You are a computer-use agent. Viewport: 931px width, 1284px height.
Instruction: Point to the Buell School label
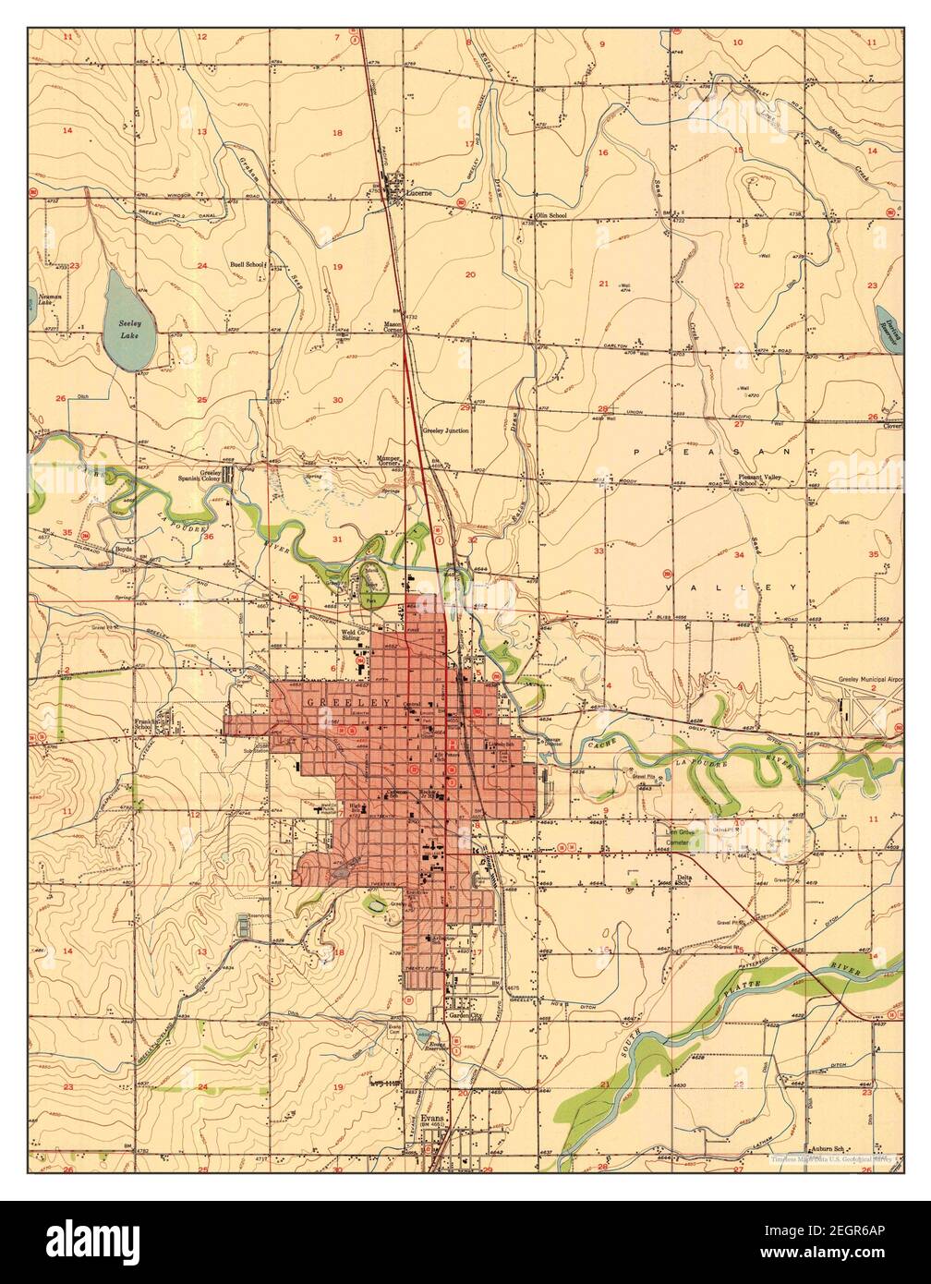pos(247,264)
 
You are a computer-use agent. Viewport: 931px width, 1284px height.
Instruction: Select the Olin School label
pos(551,214)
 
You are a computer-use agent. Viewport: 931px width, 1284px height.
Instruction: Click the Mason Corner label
pos(398,328)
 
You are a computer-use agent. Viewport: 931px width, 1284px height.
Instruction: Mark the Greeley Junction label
pos(446,430)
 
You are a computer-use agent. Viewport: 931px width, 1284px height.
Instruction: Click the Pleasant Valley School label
pos(762,480)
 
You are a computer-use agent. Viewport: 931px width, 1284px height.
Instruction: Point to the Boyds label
pos(125,548)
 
